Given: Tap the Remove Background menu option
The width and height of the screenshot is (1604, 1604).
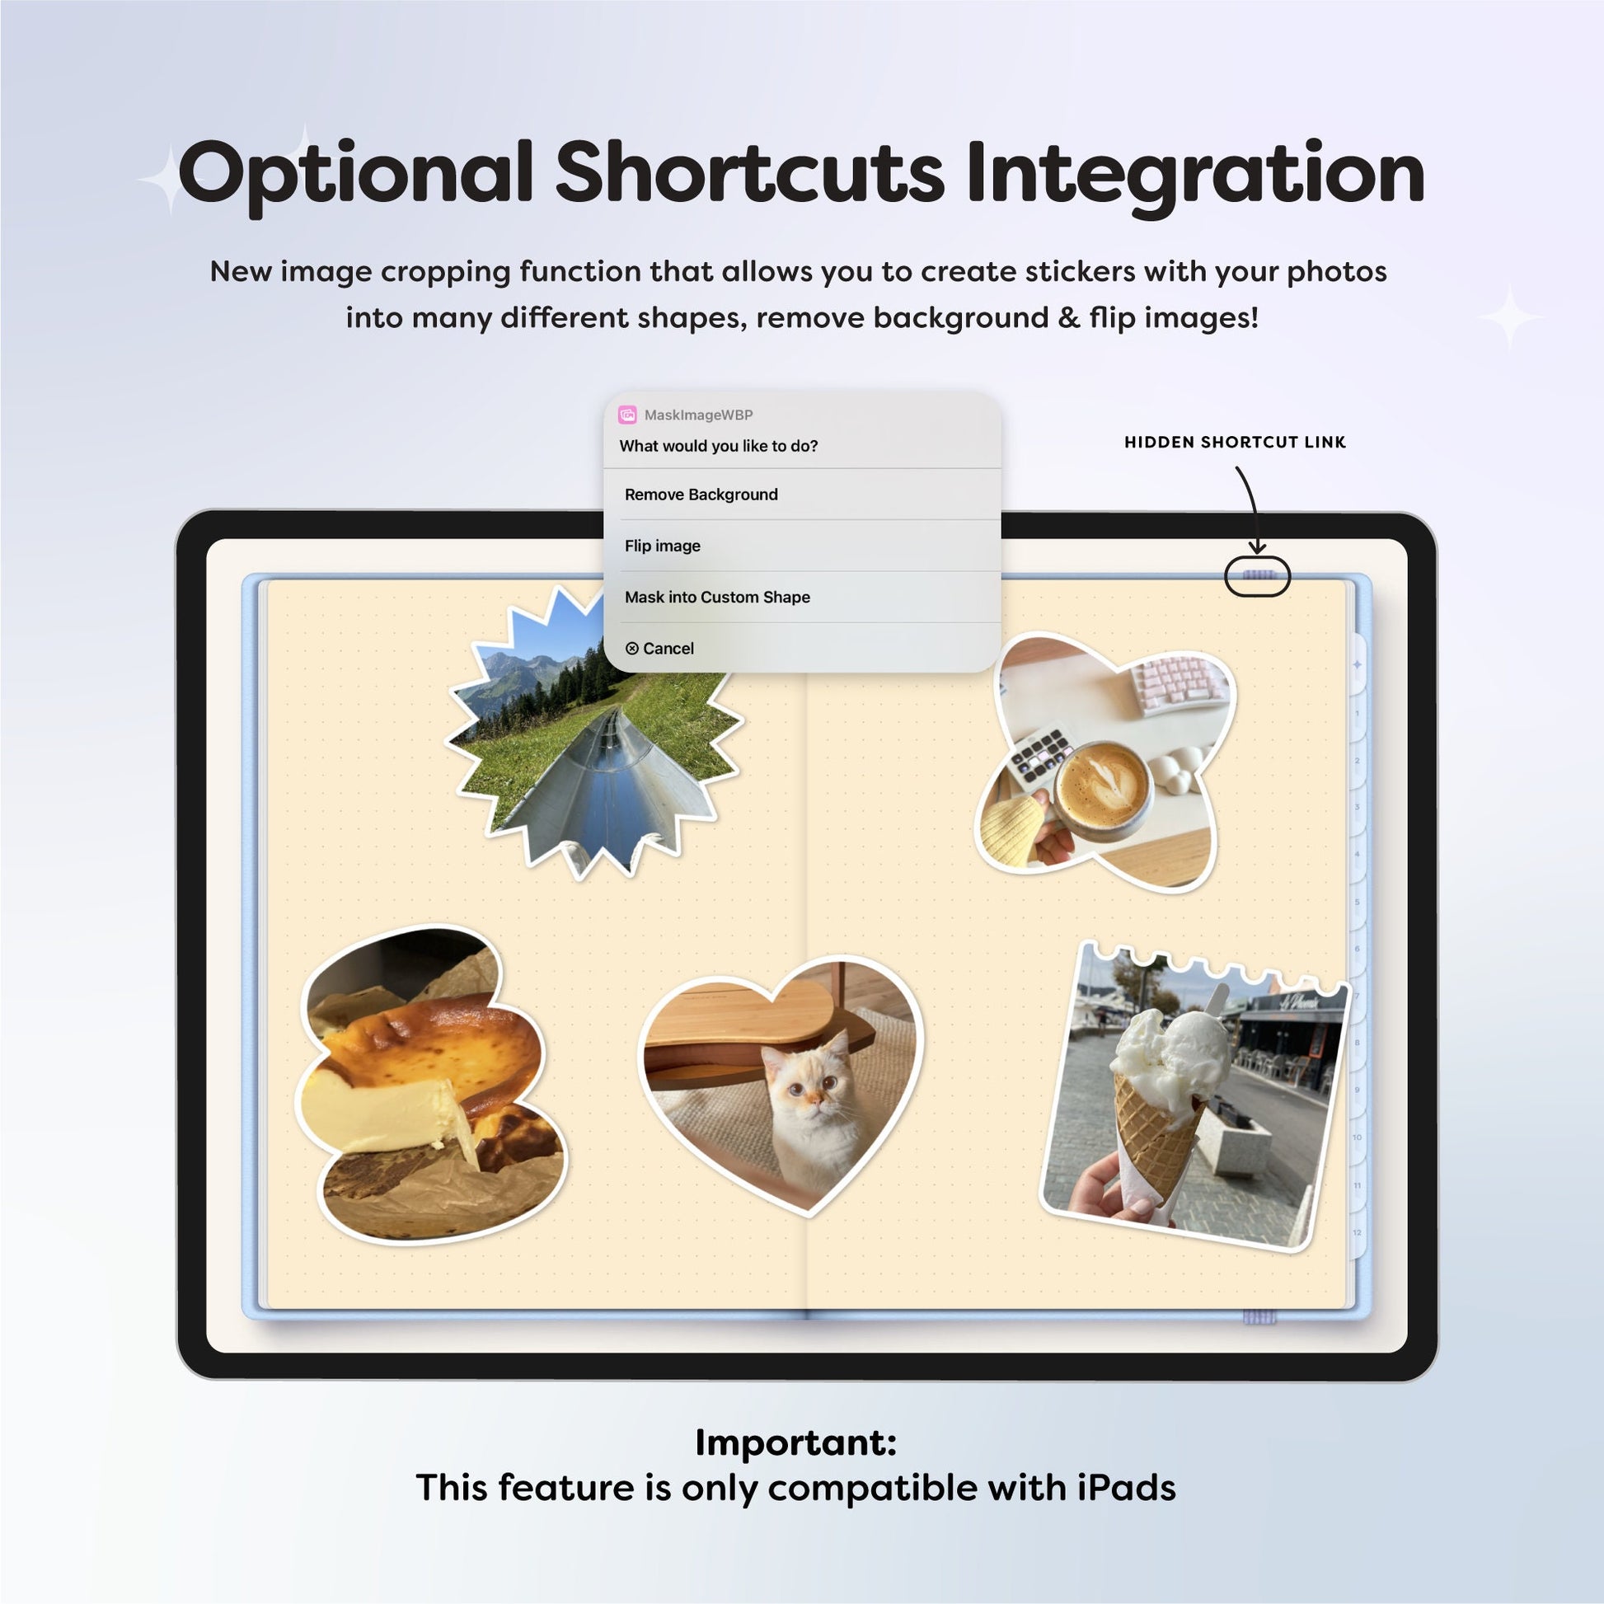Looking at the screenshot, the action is (701, 495).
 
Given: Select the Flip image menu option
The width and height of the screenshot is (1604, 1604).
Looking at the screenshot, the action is (663, 546).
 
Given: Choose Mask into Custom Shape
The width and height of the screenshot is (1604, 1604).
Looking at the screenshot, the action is (717, 597).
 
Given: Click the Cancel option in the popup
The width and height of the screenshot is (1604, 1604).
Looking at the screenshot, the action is (660, 649).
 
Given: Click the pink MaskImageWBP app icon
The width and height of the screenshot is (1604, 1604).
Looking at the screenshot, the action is (627, 415).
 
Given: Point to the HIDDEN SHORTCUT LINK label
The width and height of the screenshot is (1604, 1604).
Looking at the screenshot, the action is (1235, 443).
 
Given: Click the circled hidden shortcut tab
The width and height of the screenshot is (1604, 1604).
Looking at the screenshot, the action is (1257, 576).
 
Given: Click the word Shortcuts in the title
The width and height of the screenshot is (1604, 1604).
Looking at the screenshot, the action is (750, 173).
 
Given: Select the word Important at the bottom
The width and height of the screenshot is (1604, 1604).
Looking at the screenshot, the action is (795, 1443).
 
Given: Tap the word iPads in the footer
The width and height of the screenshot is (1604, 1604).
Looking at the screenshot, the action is (1127, 1488).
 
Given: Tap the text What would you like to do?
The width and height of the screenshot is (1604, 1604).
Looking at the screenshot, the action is (718, 447).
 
